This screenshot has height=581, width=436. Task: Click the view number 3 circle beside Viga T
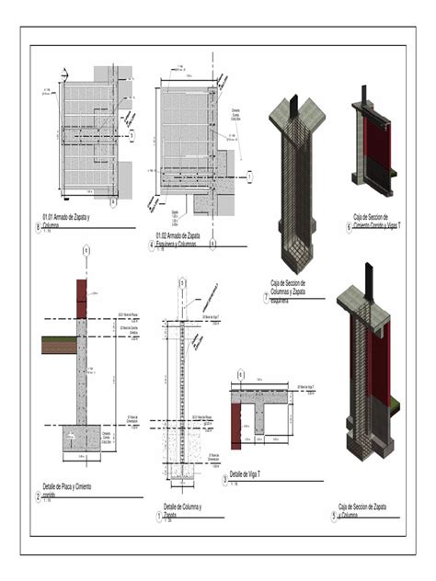[224, 479]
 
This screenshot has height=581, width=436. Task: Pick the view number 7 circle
[265, 297]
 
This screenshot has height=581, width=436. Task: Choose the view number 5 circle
[333, 517]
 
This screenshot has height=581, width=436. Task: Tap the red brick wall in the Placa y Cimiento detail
[82, 299]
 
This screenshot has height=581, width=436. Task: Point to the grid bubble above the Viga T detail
[241, 374]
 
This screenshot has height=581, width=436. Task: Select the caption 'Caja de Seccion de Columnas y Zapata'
[288, 290]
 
